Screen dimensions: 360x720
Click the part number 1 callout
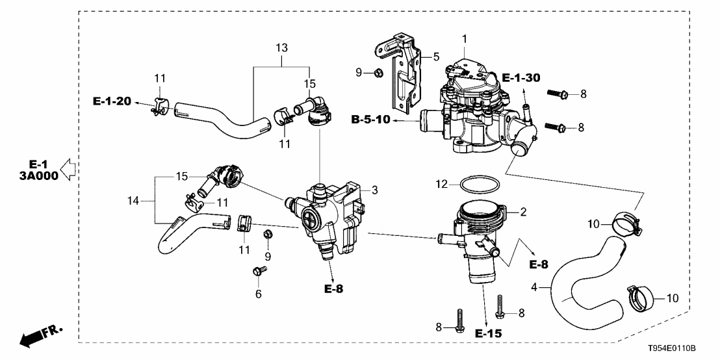465,39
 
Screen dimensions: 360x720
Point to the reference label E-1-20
112,101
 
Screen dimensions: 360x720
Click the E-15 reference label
488,333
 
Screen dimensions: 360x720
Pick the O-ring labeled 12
481,185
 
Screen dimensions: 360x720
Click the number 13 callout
281,49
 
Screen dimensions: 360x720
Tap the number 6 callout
259,294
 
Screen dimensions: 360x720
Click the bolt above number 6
258,272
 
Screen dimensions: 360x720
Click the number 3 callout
374,190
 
